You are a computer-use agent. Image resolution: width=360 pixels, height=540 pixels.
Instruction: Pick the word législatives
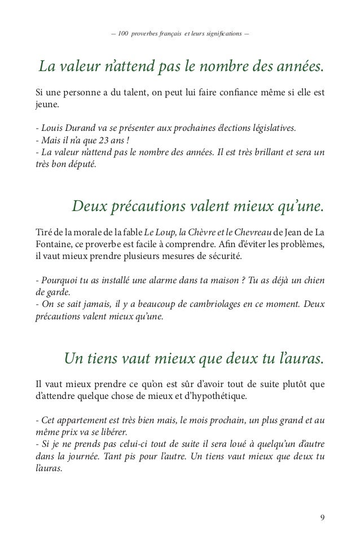coord(270,128)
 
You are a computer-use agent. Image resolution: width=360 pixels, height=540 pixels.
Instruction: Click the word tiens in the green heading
coord(109,359)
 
